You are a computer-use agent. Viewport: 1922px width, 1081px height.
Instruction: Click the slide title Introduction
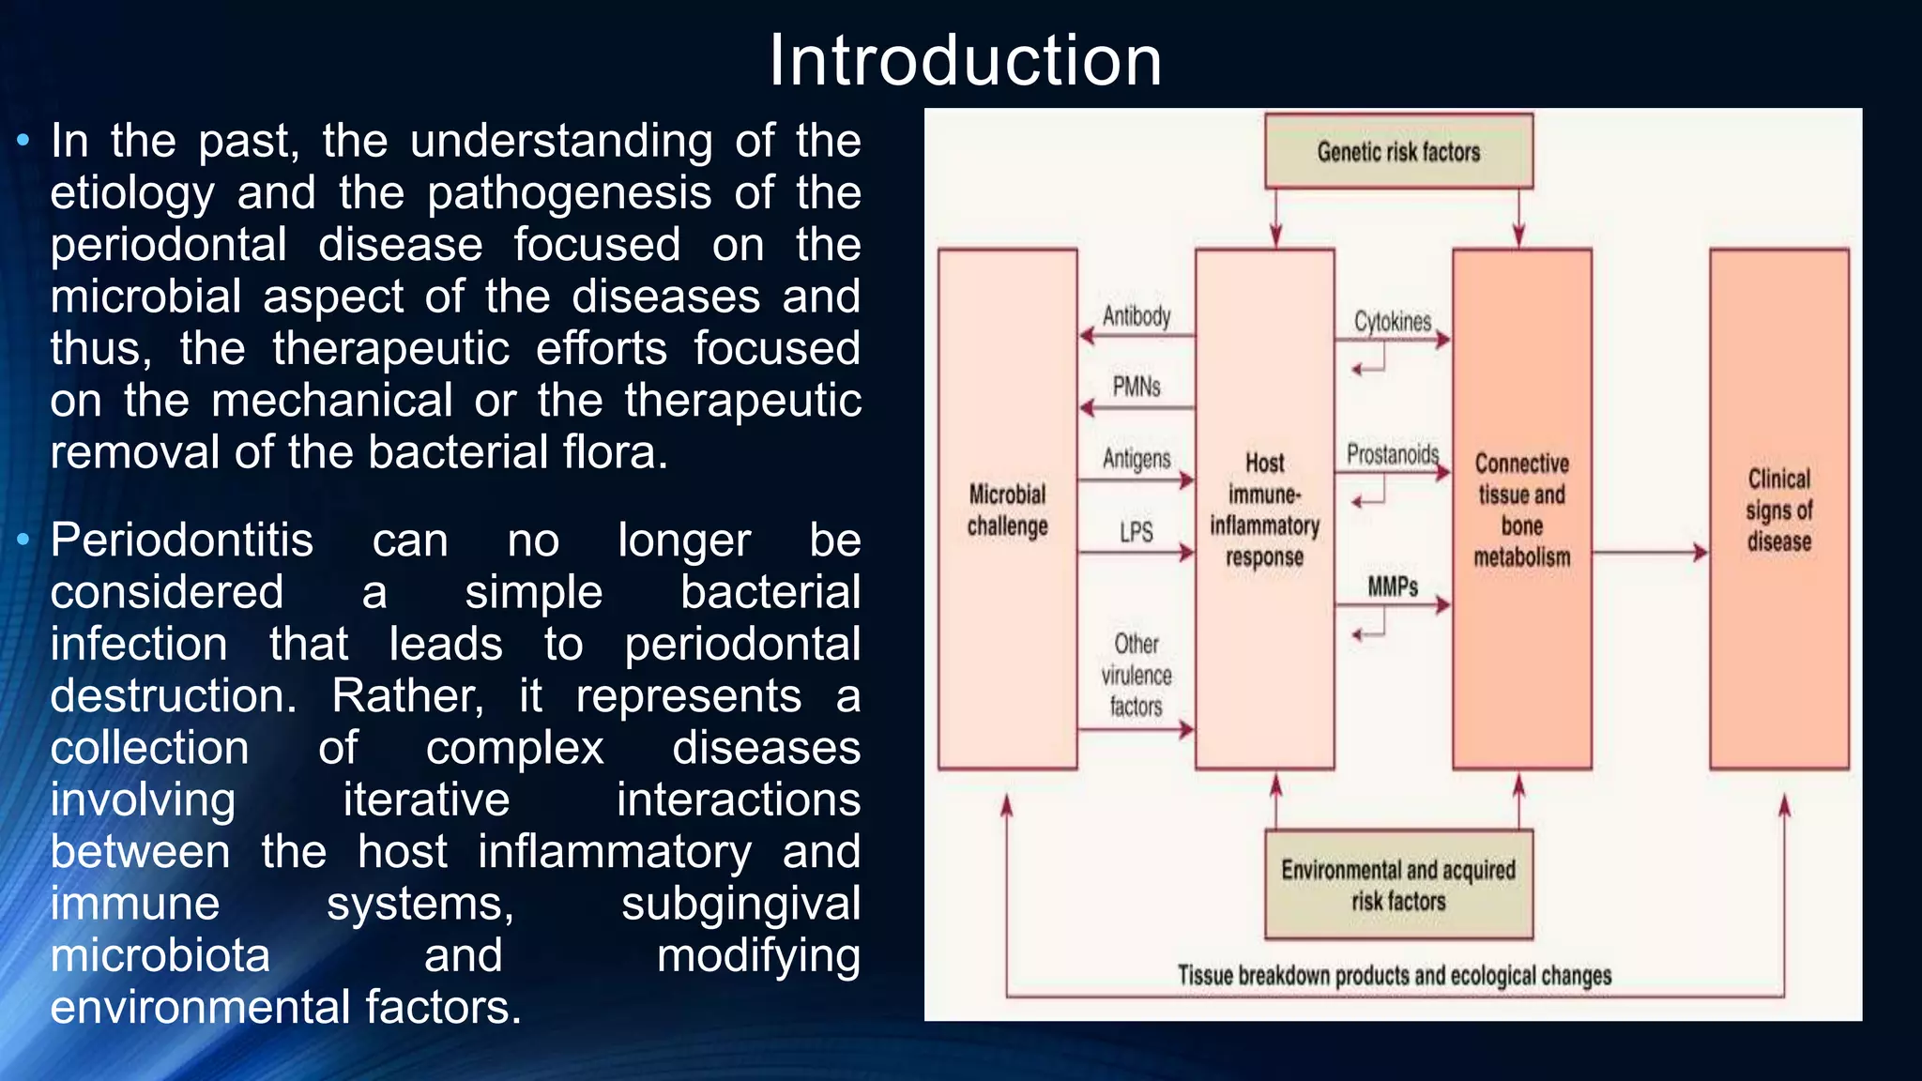click(966, 61)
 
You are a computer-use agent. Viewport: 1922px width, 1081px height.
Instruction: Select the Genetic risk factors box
click(1398, 151)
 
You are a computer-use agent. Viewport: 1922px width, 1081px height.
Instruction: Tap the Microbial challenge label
click(1007, 510)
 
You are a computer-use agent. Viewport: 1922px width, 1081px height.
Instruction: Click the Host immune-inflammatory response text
click(1264, 510)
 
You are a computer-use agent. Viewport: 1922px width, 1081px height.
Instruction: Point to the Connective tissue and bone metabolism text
click(1521, 510)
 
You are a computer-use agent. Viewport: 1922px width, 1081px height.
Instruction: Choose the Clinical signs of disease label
click(1778, 510)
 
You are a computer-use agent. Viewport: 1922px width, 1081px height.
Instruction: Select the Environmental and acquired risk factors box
click(1398, 885)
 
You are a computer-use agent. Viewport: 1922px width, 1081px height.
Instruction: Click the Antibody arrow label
click(1136, 316)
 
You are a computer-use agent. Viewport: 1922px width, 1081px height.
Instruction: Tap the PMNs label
click(1136, 387)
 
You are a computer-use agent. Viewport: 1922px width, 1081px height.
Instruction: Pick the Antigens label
click(1136, 459)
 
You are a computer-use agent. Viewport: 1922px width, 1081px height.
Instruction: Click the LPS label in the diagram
click(1136, 533)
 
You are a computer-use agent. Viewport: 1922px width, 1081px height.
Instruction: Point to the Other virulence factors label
click(1136, 676)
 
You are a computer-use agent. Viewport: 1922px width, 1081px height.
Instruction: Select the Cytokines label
click(1392, 322)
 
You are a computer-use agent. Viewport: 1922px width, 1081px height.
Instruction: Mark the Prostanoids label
click(1392, 455)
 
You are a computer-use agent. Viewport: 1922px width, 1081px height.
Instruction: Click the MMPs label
click(1392, 587)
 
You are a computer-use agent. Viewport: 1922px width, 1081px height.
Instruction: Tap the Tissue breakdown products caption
click(1395, 976)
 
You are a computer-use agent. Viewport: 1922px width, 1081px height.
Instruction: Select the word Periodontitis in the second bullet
click(182, 541)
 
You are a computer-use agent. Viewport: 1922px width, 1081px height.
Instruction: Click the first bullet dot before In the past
click(23, 142)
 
